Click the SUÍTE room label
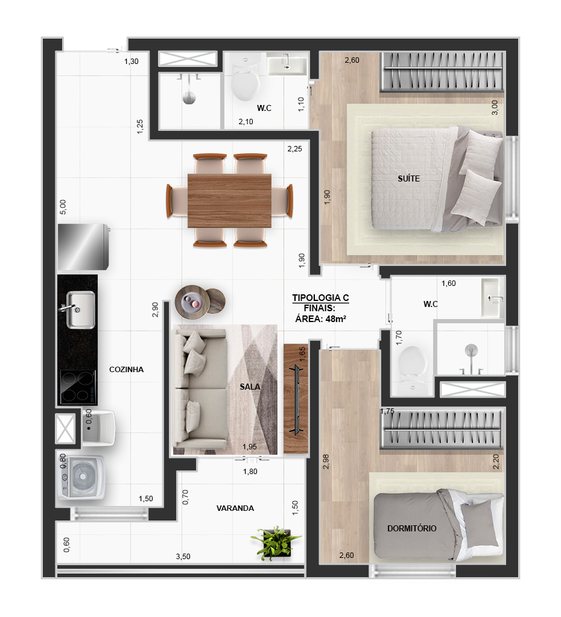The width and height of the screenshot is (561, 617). tap(408, 179)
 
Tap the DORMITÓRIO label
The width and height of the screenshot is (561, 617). tap(412, 528)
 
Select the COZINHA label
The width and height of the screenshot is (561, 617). tap(126, 370)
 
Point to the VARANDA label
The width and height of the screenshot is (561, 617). tap(235, 508)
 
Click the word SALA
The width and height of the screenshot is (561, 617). tap(250, 387)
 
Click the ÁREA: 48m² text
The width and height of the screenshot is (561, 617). tap(321, 319)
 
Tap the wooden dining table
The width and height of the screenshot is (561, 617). tap(229, 201)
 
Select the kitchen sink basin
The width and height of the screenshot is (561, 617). tap(80, 309)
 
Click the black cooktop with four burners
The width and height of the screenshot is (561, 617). tap(78, 387)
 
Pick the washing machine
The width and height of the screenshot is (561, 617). tap(82, 477)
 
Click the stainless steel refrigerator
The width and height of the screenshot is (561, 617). tap(83, 247)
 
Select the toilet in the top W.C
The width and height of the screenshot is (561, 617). tap(246, 78)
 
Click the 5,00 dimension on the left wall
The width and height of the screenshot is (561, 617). tap(63, 207)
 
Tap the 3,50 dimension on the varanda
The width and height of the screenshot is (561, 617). tap(183, 557)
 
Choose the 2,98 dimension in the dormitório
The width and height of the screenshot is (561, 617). tap(326, 461)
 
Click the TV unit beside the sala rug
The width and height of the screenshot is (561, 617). tap(296, 399)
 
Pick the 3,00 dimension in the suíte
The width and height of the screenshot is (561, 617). tap(495, 107)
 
